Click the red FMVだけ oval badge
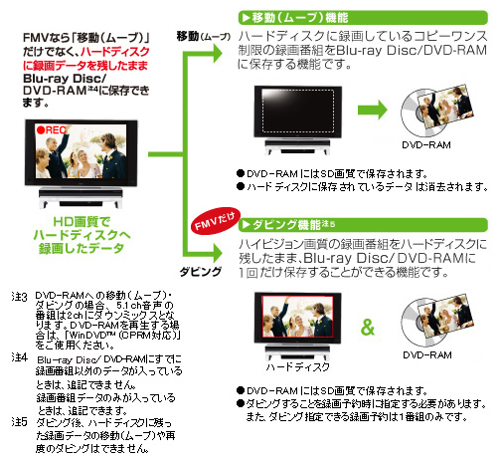(x=216, y=221)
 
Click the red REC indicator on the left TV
(x=53, y=130)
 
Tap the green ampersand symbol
(x=367, y=328)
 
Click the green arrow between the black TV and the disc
(x=373, y=110)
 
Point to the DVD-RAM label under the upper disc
(x=426, y=145)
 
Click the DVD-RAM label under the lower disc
(x=427, y=355)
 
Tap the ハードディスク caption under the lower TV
(x=297, y=366)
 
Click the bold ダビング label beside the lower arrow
(x=201, y=272)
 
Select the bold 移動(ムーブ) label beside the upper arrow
(x=203, y=36)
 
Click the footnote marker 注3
(x=19, y=297)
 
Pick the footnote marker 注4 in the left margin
(x=19, y=357)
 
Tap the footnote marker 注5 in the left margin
(x=19, y=422)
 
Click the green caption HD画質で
(x=82, y=222)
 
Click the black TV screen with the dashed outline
(x=297, y=111)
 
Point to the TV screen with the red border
(x=297, y=317)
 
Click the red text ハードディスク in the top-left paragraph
(x=115, y=52)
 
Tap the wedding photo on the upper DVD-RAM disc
(x=444, y=107)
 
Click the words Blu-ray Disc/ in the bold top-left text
(x=65, y=79)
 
